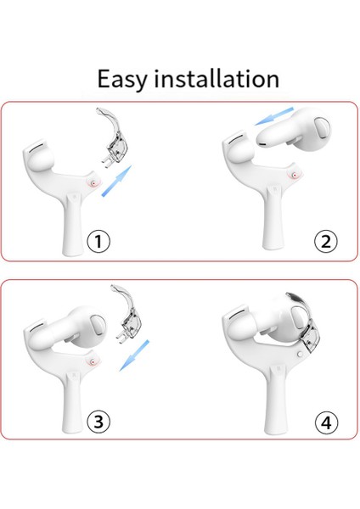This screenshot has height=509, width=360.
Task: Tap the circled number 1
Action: point(99,242)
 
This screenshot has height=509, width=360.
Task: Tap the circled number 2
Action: point(325,242)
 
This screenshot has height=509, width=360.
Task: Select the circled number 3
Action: point(99,421)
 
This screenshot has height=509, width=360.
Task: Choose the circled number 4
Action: point(325,421)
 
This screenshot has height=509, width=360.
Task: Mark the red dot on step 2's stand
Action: point(295,176)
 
